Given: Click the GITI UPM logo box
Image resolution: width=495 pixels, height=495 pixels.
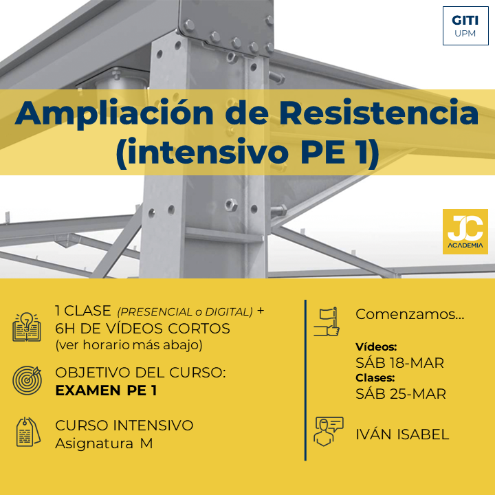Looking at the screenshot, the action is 465,25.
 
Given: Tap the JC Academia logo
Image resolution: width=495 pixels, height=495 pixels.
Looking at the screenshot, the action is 465,232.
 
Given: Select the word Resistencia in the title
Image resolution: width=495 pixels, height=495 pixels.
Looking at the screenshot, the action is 379,112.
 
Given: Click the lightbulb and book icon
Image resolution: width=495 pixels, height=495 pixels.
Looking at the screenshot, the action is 27,327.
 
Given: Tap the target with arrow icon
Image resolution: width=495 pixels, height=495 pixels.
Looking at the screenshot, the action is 27,380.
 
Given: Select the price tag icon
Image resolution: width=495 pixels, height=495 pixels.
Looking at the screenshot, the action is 28,432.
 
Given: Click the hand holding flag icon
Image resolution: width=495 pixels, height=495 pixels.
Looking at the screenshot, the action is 327,321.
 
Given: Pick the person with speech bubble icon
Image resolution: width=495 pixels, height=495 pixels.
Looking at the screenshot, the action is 329,431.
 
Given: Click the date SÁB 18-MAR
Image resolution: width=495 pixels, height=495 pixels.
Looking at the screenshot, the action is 399,363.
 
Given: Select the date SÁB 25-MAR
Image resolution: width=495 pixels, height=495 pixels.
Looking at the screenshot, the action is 401,394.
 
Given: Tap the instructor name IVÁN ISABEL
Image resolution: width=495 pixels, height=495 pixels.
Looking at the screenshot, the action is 402,434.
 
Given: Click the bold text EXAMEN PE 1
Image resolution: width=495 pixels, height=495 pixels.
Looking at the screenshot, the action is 106,390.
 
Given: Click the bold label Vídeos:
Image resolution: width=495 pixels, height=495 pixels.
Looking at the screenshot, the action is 376,347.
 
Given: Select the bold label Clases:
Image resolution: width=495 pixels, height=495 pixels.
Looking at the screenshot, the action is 375,377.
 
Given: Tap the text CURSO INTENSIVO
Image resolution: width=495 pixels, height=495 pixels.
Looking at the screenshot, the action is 124,426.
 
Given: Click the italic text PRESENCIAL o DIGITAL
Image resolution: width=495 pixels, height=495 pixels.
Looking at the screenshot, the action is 185,312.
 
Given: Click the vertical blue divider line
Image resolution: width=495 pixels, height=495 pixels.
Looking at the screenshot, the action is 305,380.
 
